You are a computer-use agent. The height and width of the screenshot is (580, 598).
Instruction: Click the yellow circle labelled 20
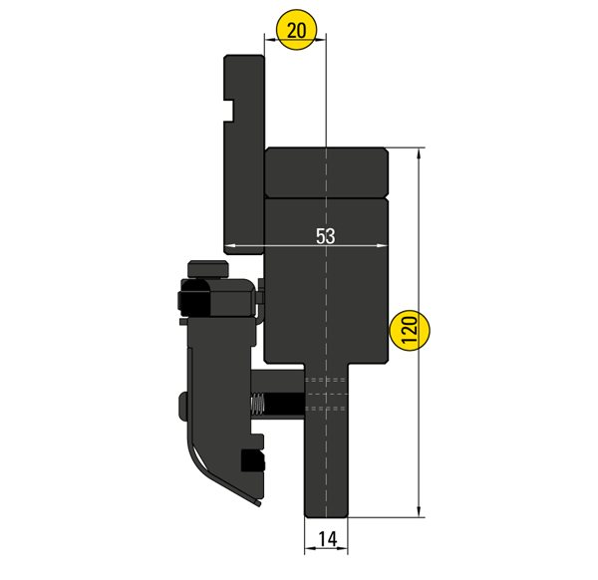pyautogui.click(x=296, y=31)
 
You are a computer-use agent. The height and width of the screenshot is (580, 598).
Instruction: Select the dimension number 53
pyautogui.click(x=326, y=236)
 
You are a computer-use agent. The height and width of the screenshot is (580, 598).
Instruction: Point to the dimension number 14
pyautogui.click(x=326, y=539)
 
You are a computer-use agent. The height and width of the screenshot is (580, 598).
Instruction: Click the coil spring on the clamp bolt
pyautogui.click(x=256, y=405)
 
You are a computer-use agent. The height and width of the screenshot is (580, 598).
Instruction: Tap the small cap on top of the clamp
pyautogui.click(x=207, y=266)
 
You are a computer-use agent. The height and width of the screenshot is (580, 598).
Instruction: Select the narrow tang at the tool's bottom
pyautogui.click(x=326, y=458)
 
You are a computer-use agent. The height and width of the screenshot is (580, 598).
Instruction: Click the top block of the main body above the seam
pyautogui.click(x=326, y=172)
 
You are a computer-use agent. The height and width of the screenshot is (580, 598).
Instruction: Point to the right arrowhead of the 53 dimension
pyautogui.click(x=383, y=245)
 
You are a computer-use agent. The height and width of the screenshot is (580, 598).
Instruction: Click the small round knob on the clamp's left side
pyautogui.click(x=183, y=404)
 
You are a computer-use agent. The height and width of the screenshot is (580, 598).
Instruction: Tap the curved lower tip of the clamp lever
pyautogui.click(x=249, y=498)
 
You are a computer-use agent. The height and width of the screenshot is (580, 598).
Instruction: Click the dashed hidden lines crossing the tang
pyautogui.click(x=326, y=394)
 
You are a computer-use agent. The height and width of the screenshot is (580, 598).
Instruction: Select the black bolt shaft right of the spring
pyautogui.click(x=284, y=405)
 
